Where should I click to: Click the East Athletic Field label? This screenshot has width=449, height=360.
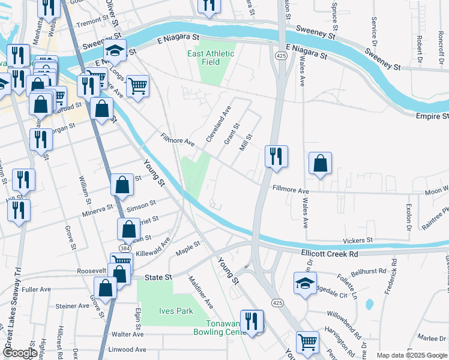(x=211, y=58)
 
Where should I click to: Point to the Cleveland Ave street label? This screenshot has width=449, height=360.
(x=218, y=124)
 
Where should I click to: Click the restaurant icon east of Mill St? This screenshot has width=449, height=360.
(x=276, y=157)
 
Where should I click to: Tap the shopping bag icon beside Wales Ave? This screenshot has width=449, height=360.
(x=321, y=163)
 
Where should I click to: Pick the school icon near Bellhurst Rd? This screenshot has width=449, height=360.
(x=305, y=283)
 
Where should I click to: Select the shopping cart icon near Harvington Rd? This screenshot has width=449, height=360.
(x=307, y=342)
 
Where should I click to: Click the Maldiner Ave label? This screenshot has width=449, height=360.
(x=200, y=292)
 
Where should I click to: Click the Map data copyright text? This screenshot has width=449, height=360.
(x=411, y=355)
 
